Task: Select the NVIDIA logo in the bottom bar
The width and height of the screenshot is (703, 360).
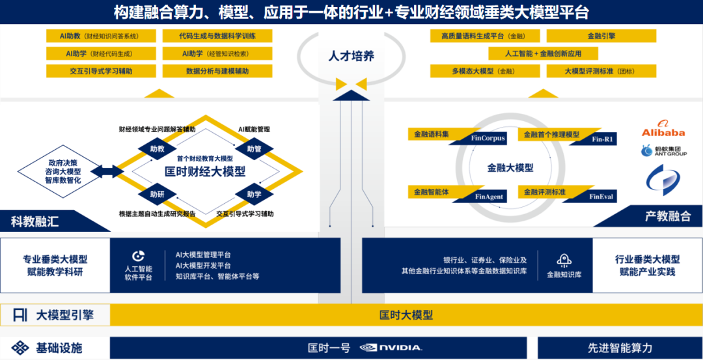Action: [390, 348]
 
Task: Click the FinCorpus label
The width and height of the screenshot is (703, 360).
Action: [488, 139]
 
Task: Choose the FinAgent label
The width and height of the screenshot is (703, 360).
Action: [489, 197]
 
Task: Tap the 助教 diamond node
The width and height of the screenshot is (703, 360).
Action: [157, 148]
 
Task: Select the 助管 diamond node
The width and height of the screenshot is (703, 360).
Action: [254, 148]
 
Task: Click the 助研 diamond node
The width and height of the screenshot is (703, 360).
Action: [157, 194]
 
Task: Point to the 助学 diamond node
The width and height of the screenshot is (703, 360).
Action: [254, 194]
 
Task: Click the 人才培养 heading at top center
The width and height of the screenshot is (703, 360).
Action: [351, 56]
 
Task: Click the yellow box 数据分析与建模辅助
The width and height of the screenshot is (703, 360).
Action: [217, 71]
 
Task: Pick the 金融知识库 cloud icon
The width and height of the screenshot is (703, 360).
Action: [564, 260]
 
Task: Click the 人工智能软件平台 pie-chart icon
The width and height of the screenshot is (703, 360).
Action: [138, 256]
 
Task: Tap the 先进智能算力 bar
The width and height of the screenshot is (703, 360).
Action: [619, 348]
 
